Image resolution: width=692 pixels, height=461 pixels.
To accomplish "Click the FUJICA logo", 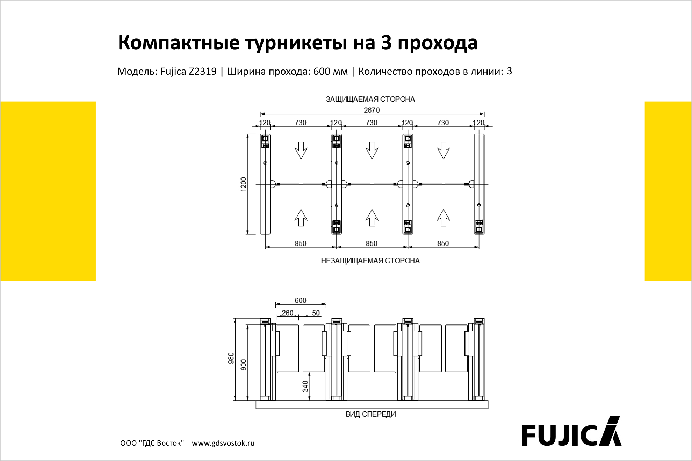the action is coord(571,432).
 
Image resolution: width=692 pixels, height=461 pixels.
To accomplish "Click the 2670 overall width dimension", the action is coord(372,110).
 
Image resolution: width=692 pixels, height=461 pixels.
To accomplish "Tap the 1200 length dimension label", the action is coord(244,184).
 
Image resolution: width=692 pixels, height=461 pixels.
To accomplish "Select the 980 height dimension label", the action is coord(231,358).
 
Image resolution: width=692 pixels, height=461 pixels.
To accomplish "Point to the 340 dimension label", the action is coord(305,386).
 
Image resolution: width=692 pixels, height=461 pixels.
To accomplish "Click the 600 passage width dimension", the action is coord(301,301).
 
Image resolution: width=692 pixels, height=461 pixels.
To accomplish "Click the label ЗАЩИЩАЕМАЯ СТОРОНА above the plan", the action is coord(370,99).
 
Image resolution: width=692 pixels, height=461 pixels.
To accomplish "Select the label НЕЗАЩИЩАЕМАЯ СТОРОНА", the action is coord(370,261).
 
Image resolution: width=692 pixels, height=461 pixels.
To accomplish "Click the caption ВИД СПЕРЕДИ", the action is coord(371,414).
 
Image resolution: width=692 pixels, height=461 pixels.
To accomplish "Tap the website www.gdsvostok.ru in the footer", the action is coord(223,443).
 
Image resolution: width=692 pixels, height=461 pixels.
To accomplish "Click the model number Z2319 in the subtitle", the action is coord(203,71).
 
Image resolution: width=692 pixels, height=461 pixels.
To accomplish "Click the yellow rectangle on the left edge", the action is coord(48,191).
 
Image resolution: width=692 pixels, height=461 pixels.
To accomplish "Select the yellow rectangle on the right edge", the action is coord(668,191).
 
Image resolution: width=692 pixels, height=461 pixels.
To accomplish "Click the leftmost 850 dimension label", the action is coord(301,243).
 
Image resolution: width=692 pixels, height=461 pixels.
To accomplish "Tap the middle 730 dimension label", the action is coord(372,123).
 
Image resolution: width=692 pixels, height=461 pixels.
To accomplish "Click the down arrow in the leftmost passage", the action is coord(301,151).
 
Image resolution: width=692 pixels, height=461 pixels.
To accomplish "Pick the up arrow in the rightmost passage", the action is coord(444,218).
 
